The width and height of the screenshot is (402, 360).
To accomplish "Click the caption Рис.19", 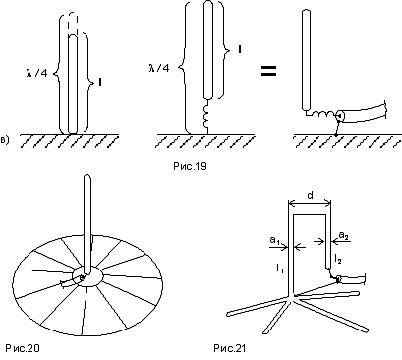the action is coord(190,166).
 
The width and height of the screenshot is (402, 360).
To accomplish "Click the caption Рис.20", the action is coord(23,348).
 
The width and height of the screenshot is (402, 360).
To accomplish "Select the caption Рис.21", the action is coord(229,348).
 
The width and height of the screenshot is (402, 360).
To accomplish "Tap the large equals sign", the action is coord(268,71).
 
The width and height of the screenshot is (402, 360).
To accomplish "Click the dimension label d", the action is coord(310,196).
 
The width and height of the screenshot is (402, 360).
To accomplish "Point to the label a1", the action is coord(274,241).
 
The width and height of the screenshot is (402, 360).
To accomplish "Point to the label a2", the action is coord(344,235).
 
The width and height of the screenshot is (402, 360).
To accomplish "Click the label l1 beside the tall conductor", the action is coord(279,270).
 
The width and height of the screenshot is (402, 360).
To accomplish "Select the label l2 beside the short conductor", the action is coord(338,259).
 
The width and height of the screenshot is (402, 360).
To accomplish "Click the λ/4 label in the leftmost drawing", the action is coord(36,73).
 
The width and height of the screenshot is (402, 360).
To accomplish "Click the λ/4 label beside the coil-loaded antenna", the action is coord(159,68).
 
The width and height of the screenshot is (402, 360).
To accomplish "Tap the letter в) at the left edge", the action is coord(5,140).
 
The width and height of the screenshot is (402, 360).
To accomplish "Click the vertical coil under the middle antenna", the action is coord(206,116).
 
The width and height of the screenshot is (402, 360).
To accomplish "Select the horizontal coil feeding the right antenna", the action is coord(323,114).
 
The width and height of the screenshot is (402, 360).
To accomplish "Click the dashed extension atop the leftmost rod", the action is coord(73,25).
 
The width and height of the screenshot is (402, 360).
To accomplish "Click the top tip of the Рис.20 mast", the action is coord(87,176).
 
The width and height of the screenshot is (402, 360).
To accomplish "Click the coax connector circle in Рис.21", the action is coord(339,279).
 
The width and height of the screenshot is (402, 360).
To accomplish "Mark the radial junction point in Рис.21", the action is coord(293,296).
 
